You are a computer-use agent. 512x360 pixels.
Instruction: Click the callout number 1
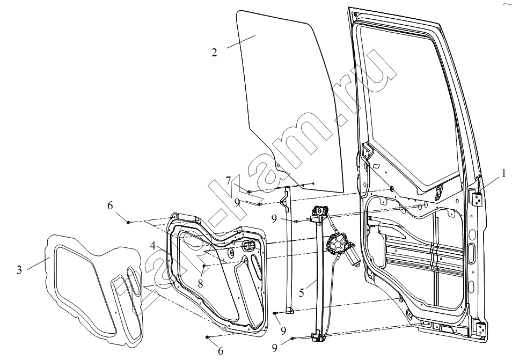[504, 173]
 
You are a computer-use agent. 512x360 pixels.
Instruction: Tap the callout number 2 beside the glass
[214, 53]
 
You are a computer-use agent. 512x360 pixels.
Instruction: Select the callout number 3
[19, 270]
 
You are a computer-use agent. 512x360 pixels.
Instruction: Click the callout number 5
[302, 292]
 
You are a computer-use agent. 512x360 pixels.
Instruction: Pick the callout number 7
[228, 180]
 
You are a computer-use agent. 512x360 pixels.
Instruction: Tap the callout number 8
[200, 283]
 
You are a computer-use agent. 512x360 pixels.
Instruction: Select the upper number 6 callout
[110, 205]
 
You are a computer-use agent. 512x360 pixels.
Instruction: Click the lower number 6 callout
[221, 351]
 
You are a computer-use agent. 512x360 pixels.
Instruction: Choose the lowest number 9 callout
[275, 348]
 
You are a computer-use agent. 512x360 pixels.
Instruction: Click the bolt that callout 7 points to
[249, 192]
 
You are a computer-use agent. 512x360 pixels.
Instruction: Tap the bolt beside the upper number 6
[129, 222]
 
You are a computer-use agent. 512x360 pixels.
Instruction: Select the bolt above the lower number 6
[207, 337]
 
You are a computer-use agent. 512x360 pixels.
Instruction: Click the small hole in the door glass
[278, 165]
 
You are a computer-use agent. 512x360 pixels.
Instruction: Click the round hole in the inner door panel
[231, 252]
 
